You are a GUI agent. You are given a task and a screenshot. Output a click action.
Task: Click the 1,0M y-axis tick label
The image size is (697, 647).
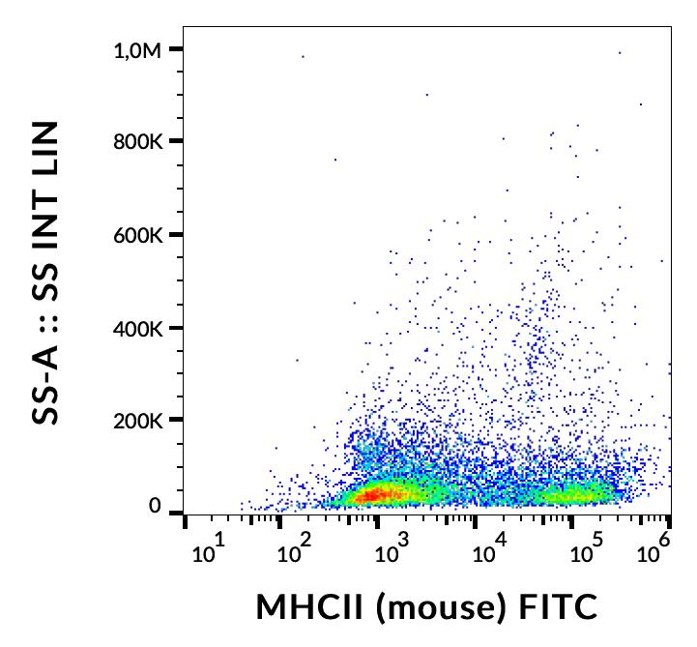click(136, 49)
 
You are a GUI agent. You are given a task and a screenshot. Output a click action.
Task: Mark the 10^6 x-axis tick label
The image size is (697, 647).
click(656, 552)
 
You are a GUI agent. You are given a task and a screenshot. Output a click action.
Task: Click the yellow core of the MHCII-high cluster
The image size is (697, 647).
click(575, 494)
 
